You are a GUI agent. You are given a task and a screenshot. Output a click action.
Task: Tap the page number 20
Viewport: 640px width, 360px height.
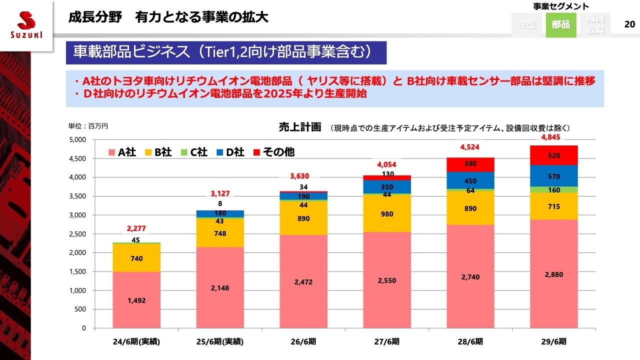coord(630,24)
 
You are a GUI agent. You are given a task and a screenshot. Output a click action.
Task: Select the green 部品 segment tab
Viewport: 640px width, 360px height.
coord(560,24)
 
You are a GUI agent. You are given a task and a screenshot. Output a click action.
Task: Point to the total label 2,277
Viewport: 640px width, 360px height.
coord(136,228)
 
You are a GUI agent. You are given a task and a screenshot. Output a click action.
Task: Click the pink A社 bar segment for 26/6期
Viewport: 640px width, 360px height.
coord(303,281)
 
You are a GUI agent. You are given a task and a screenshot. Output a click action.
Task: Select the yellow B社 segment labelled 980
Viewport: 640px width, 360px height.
coord(386,214)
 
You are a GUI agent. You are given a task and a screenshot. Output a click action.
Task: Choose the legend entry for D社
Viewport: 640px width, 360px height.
coord(230,152)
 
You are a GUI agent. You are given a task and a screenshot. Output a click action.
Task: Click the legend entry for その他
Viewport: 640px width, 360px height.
coord(273,152)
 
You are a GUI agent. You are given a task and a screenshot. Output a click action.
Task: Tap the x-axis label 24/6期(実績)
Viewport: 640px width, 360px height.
coord(136,342)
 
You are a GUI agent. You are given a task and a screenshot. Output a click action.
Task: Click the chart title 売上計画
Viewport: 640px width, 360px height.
coord(299,127)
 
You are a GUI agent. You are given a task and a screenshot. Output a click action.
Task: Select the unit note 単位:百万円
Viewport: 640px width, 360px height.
coord(88,126)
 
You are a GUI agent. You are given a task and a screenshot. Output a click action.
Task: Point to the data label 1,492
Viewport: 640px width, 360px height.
coord(136,300)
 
